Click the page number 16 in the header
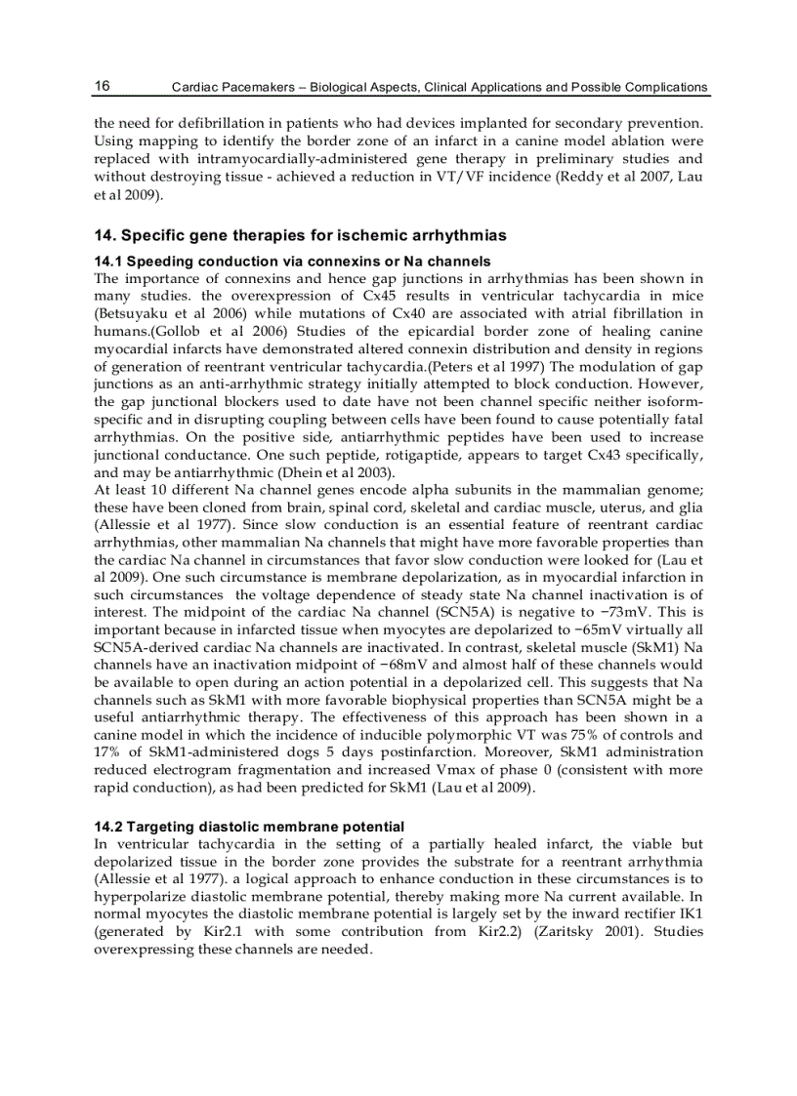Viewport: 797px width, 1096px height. pos(102,86)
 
